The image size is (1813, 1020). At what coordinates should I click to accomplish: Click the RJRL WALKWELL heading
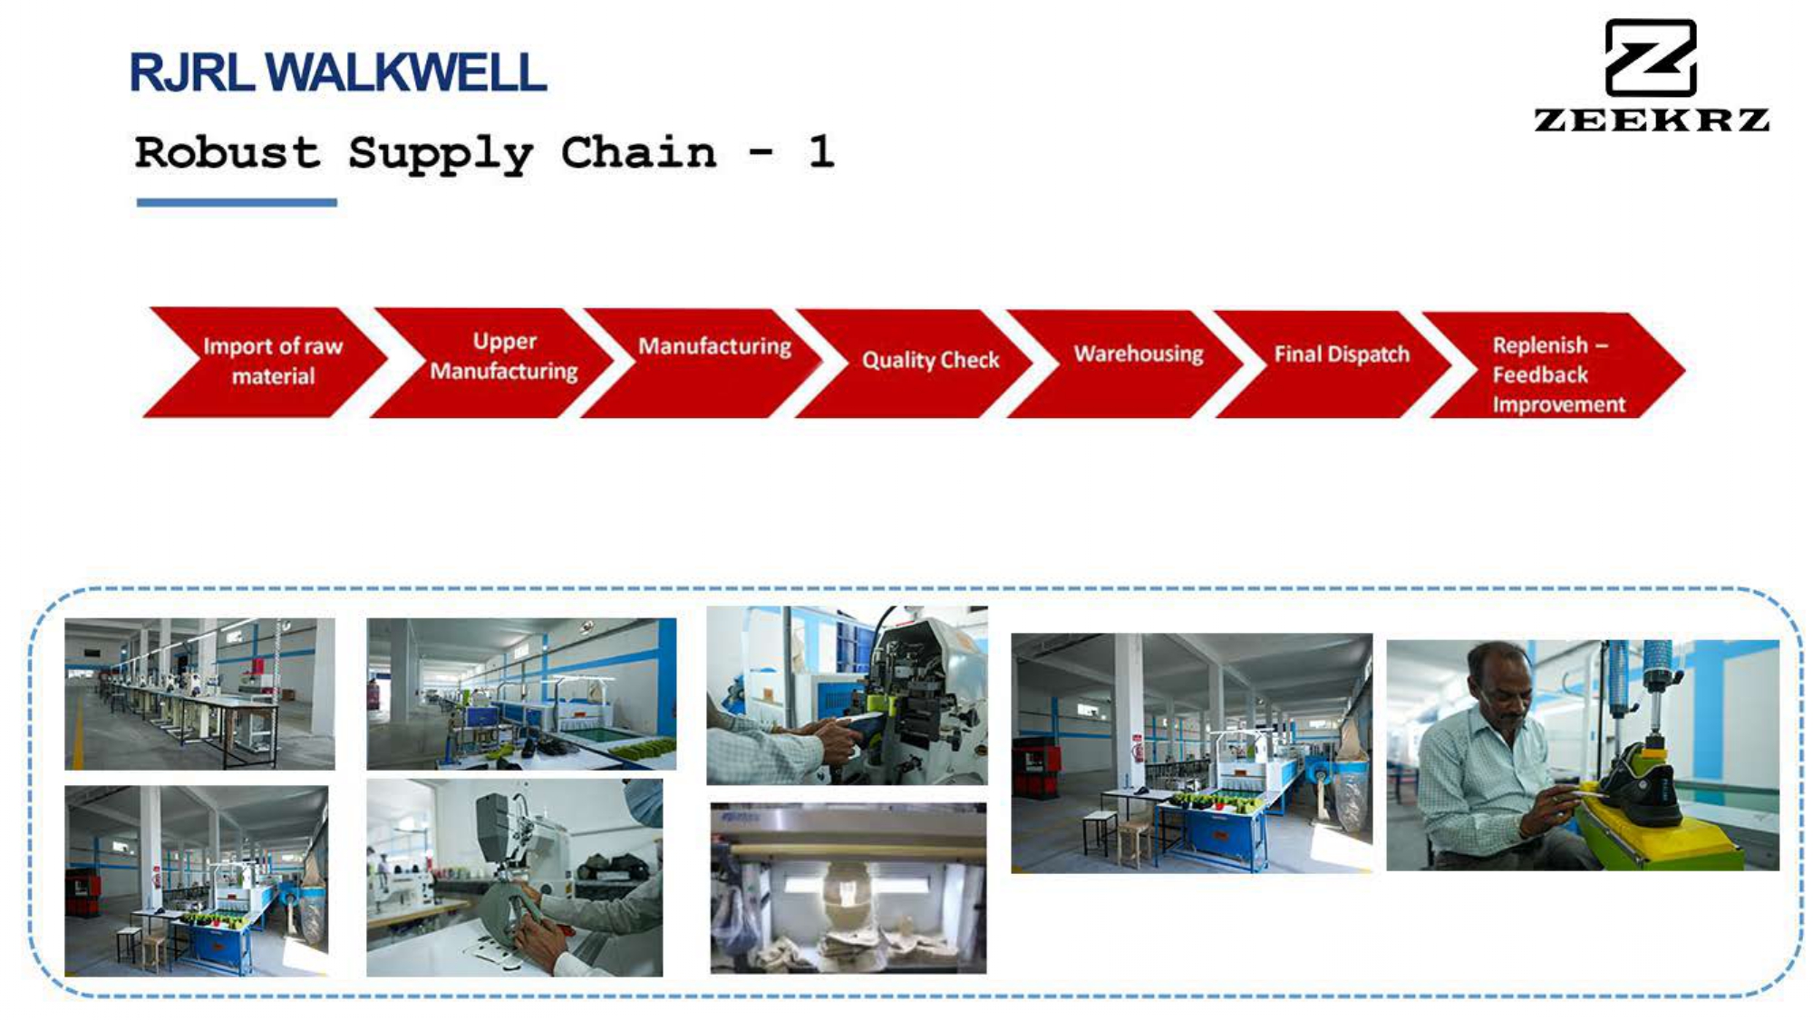point(338,73)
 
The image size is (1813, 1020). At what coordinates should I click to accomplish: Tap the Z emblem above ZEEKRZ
point(1651,58)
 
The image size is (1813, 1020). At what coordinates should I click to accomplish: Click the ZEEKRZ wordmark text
point(1652,120)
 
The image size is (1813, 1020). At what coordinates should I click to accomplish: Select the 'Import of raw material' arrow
point(265,362)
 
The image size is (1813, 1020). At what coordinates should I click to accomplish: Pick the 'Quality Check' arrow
point(916,364)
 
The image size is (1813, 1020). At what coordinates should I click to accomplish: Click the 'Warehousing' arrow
point(1125,364)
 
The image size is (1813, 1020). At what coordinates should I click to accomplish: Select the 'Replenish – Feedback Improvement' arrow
point(1555,365)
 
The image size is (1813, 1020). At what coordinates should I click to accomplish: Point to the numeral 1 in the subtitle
point(821,151)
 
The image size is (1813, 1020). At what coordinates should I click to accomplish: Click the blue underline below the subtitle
point(237,203)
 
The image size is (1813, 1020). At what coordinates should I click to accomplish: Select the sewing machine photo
point(514,877)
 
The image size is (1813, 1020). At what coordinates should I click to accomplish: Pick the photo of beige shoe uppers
point(848,889)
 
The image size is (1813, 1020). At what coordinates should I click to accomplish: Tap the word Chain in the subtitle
point(638,151)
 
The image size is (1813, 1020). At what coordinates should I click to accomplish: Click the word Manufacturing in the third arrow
point(714,346)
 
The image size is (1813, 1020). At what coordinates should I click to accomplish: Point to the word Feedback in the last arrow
point(1540,374)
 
